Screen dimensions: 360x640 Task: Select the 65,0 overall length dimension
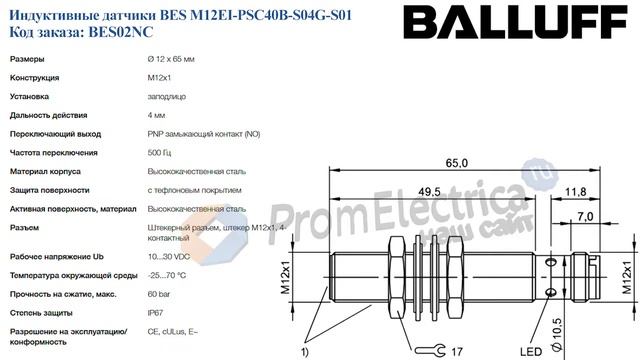click(x=457, y=163)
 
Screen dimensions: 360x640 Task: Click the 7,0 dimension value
click(x=584, y=217)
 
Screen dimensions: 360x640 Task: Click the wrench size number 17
click(x=460, y=351)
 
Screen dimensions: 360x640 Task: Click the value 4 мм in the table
click(x=157, y=115)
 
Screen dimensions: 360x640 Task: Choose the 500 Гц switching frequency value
click(x=160, y=153)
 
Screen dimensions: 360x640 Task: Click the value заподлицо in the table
click(x=166, y=97)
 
